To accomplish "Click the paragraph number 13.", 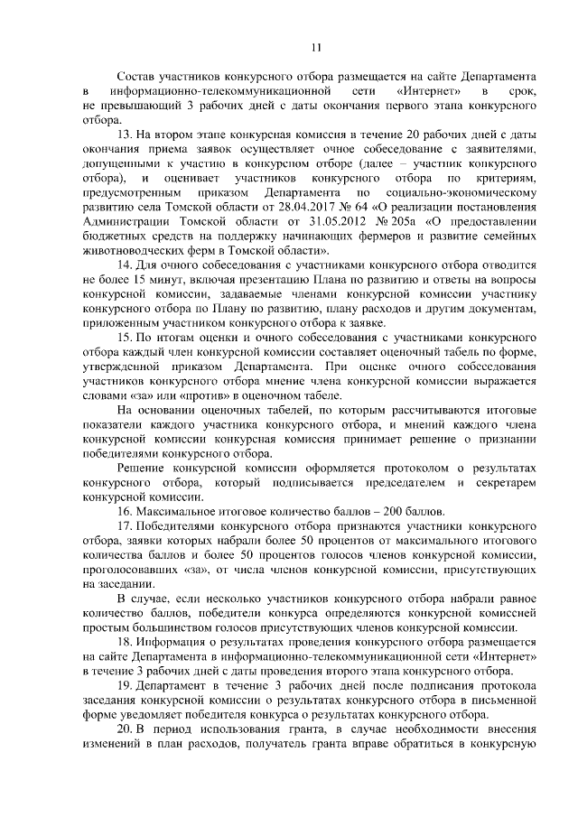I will pyautogui.click(x=126, y=133).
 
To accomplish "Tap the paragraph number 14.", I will pyautogui.click(x=126, y=265).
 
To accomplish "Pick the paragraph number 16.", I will pyautogui.click(x=126, y=514).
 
